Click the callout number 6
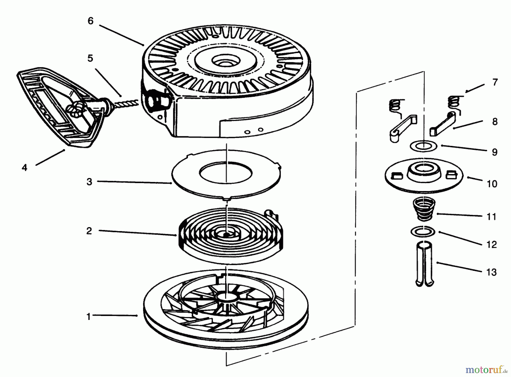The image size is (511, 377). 90,21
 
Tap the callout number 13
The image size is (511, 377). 492,272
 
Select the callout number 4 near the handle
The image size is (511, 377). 25,167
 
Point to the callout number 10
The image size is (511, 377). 492,184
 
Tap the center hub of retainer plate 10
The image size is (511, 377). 423,170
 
